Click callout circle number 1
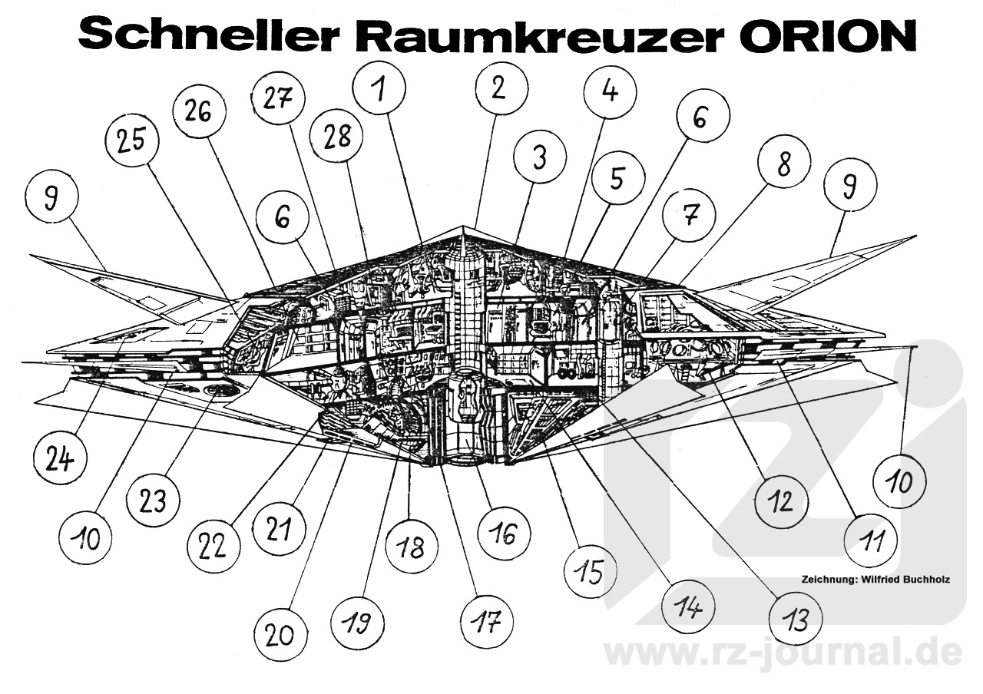(x=379, y=89)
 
